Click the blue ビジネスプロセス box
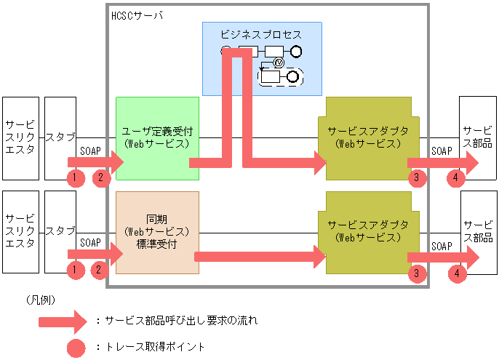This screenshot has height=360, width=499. point(262,33)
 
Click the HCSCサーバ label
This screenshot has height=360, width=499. point(137,15)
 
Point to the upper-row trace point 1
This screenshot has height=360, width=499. point(74,177)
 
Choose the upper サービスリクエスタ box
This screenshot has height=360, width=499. point(20,137)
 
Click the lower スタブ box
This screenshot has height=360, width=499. point(60,231)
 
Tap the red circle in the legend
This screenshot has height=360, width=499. point(76,348)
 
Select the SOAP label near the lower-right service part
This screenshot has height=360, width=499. point(442,245)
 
